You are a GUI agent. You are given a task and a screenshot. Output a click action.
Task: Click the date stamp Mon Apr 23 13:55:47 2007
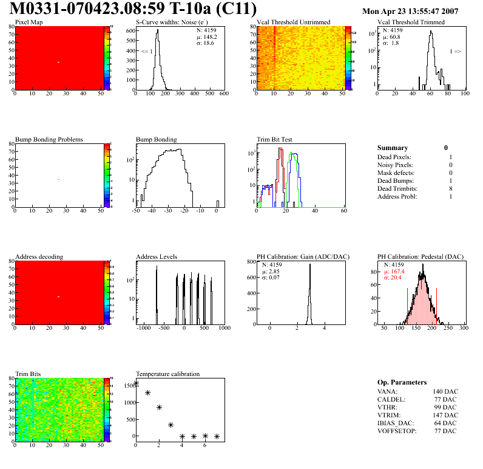pyautogui.click(x=410, y=12)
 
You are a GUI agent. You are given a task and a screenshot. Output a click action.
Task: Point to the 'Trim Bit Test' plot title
pyautogui.click(x=275, y=139)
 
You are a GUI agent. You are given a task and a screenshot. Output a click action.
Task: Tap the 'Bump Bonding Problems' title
pyautogui.click(x=49, y=139)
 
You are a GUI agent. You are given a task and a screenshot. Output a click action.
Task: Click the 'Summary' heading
pyautogui.click(x=393, y=148)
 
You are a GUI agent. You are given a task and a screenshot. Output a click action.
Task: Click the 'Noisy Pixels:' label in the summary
pyautogui.click(x=395, y=165)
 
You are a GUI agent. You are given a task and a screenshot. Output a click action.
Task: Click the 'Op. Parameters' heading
pyautogui.click(x=402, y=382)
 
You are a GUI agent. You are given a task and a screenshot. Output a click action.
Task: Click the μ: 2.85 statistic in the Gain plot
pyautogui.click(x=271, y=272)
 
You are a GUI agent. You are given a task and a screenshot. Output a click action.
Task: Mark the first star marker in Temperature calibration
pyautogui.click(x=136, y=383)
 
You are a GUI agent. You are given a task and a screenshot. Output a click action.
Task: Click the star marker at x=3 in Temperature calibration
pyautogui.click(x=171, y=425)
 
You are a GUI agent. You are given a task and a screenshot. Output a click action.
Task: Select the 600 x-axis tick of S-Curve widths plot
pyautogui.click(x=224, y=94)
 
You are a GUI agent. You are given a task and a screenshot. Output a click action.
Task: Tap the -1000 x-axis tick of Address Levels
pyautogui.click(x=144, y=328)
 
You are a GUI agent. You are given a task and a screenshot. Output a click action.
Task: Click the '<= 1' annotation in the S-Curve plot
pyautogui.click(x=146, y=52)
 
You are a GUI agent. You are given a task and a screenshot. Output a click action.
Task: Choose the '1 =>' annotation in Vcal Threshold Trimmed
pyautogui.click(x=455, y=52)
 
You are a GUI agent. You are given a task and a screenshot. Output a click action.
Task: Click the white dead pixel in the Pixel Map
pyautogui.click(x=59, y=62)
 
